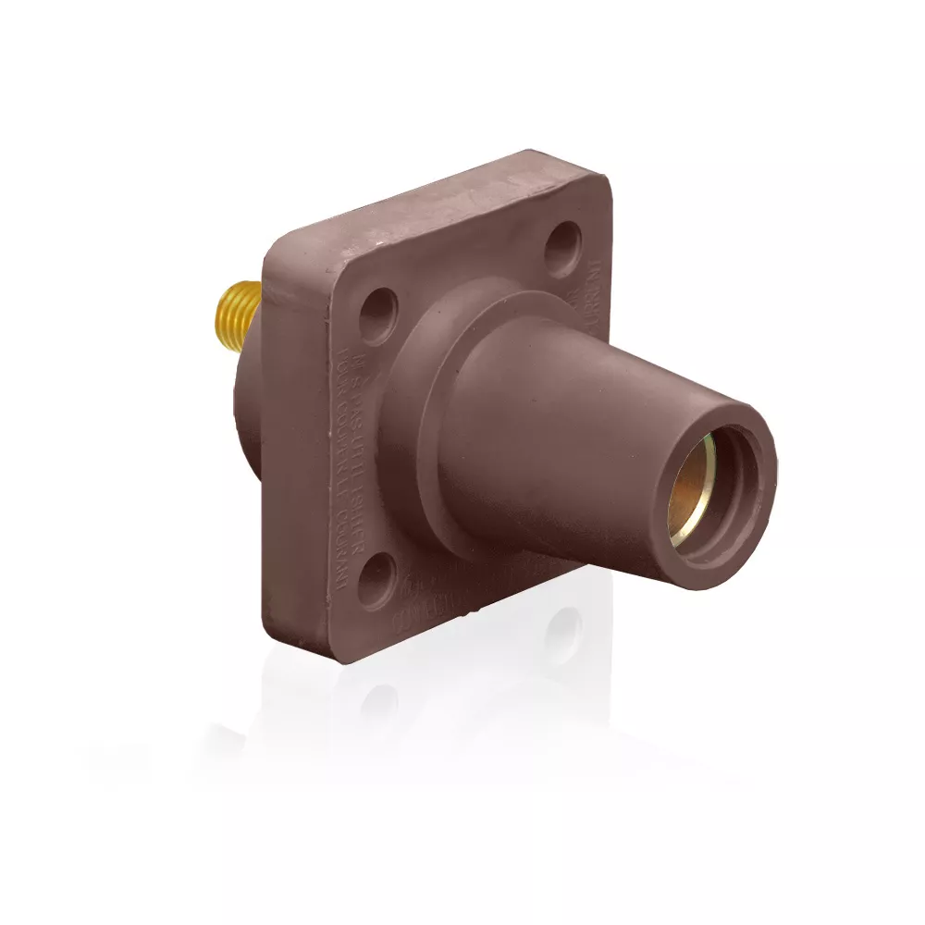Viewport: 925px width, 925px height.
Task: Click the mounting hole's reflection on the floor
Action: coord(561,638)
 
